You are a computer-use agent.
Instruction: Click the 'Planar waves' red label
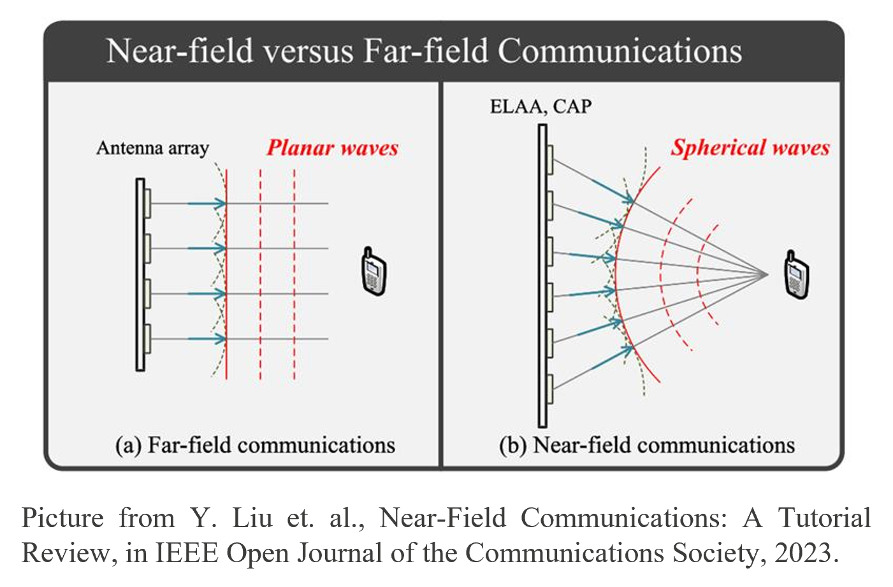click(333, 148)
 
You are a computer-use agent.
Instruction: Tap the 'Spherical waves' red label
click(750, 148)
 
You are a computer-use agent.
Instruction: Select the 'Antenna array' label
click(153, 148)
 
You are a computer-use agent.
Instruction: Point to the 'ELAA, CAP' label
click(541, 106)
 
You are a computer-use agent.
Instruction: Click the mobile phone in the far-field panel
click(374, 272)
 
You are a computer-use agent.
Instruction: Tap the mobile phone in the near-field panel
click(796, 275)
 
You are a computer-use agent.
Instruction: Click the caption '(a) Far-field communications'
click(255, 445)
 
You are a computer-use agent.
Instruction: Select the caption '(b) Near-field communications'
click(647, 445)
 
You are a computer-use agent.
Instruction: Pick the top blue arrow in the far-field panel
click(207, 204)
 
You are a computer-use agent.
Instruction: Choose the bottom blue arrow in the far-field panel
click(207, 339)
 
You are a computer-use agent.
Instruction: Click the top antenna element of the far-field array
click(147, 204)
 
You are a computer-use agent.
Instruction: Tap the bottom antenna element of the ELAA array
click(550, 389)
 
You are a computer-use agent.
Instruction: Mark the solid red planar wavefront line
click(226, 274)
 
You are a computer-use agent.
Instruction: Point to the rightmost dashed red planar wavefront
click(294, 274)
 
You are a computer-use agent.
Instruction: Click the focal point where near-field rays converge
click(767, 274)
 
